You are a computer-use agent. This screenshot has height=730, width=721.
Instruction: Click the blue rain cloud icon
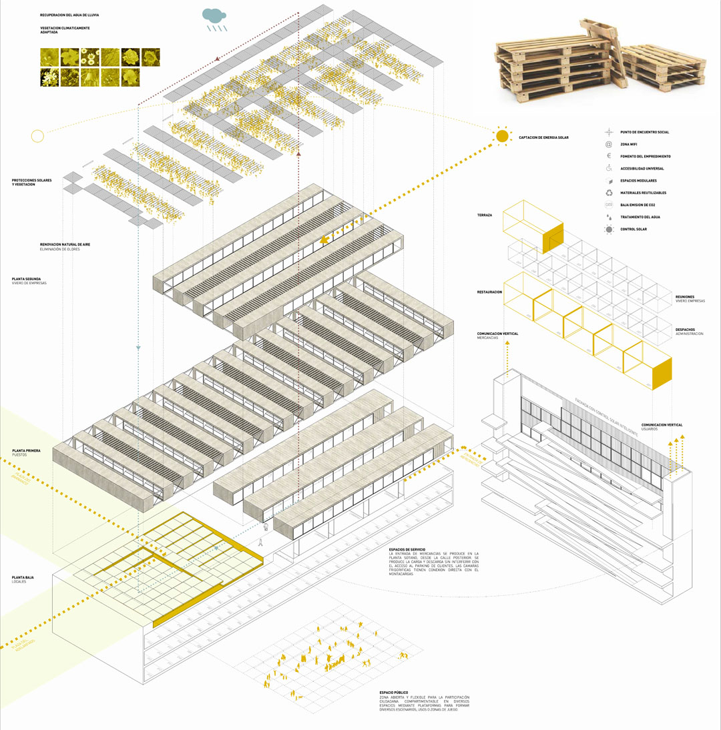(214, 15)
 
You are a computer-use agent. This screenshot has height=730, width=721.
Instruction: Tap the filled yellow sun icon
(502, 136)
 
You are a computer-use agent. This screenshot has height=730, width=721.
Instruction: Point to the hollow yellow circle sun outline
(37, 136)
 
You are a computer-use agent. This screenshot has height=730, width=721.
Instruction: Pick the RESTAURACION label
(489, 292)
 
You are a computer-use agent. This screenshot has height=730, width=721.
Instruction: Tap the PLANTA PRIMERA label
(26, 451)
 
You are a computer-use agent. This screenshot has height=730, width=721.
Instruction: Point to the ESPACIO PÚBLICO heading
(394, 692)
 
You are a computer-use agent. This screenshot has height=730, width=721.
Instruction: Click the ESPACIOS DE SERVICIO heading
(407, 549)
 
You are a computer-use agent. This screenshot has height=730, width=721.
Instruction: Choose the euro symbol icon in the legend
(608, 156)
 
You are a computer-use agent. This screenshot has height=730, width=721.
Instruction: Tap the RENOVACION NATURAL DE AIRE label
(65, 245)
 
